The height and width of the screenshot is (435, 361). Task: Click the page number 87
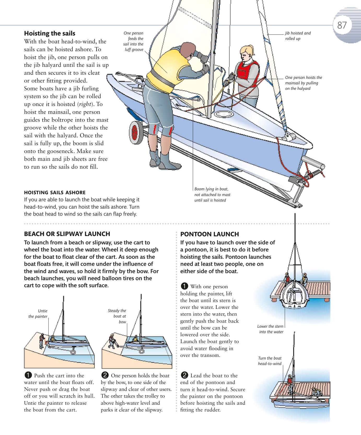coord(342,25)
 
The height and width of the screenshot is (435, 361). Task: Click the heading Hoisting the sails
coord(50,33)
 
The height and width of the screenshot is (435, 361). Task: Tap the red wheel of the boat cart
coord(135,131)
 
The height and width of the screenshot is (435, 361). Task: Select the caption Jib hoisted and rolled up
coord(298,36)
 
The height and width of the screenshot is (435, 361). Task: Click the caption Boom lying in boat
coord(212,195)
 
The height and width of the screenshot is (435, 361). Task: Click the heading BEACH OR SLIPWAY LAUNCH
coord(67,234)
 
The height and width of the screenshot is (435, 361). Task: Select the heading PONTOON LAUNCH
coord(209,234)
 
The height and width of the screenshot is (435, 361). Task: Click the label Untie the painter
coord(38,314)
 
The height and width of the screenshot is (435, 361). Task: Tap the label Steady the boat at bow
coord(117,316)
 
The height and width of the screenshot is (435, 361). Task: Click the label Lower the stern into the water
coord(271,329)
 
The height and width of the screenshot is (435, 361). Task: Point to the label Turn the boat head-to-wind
coord(270,361)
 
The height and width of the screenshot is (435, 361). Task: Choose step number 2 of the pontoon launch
coord(184,375)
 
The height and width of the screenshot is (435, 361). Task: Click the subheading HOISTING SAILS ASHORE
coord(55,192)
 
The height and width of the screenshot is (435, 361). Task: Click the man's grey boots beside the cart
coord(160,160)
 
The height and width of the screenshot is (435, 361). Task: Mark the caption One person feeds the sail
coord(133,41)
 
